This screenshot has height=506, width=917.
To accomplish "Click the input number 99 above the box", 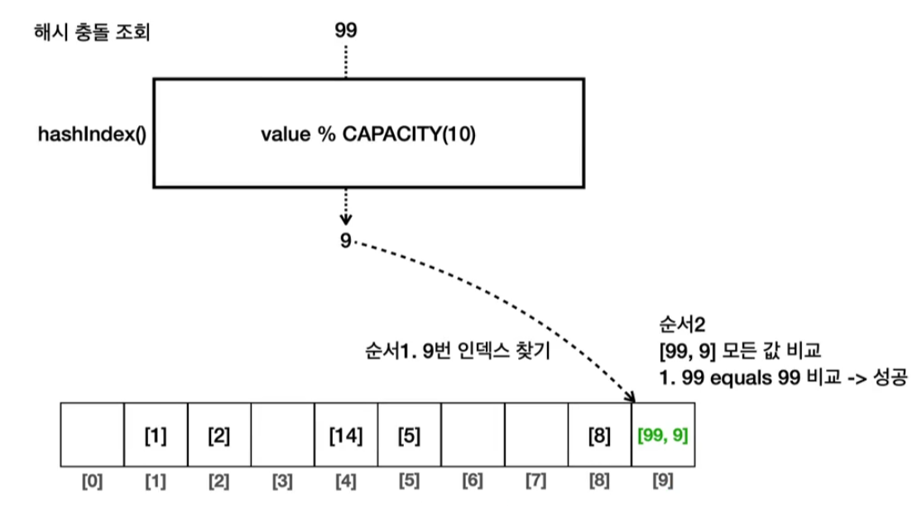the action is [346, 31].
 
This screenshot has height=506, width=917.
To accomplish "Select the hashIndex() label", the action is [91, 134].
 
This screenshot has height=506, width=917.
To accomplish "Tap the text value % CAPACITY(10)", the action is [370, 134].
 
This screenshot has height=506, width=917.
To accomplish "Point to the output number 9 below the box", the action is [345, 241].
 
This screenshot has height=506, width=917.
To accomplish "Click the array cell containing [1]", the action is [155, 436].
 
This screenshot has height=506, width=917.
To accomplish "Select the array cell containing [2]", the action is [218, 436].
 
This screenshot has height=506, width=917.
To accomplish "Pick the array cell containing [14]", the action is [346, 436].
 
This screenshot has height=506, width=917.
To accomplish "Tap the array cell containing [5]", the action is [409, 436].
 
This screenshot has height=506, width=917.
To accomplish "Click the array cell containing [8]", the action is [599, 436].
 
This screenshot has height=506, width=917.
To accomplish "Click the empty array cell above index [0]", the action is [92, 436].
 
